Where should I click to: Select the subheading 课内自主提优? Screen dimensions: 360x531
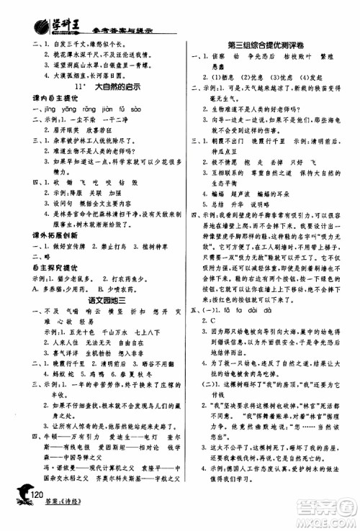click(42, 99)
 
